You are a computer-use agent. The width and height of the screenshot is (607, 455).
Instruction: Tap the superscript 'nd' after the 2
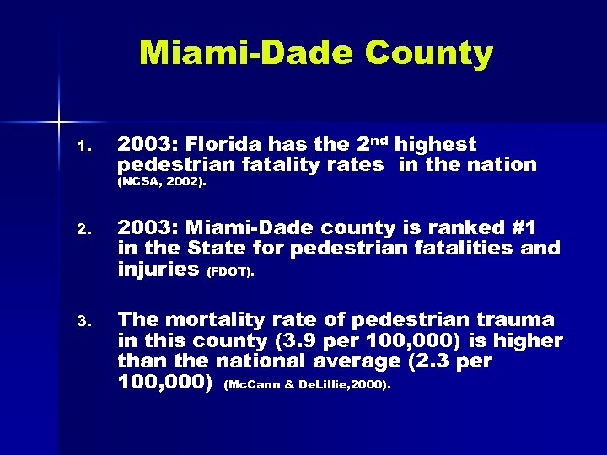pyautogui.click(x=379, y=140)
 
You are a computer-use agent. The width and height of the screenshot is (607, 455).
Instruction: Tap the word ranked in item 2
pyautogui.click(x=453, y=228)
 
